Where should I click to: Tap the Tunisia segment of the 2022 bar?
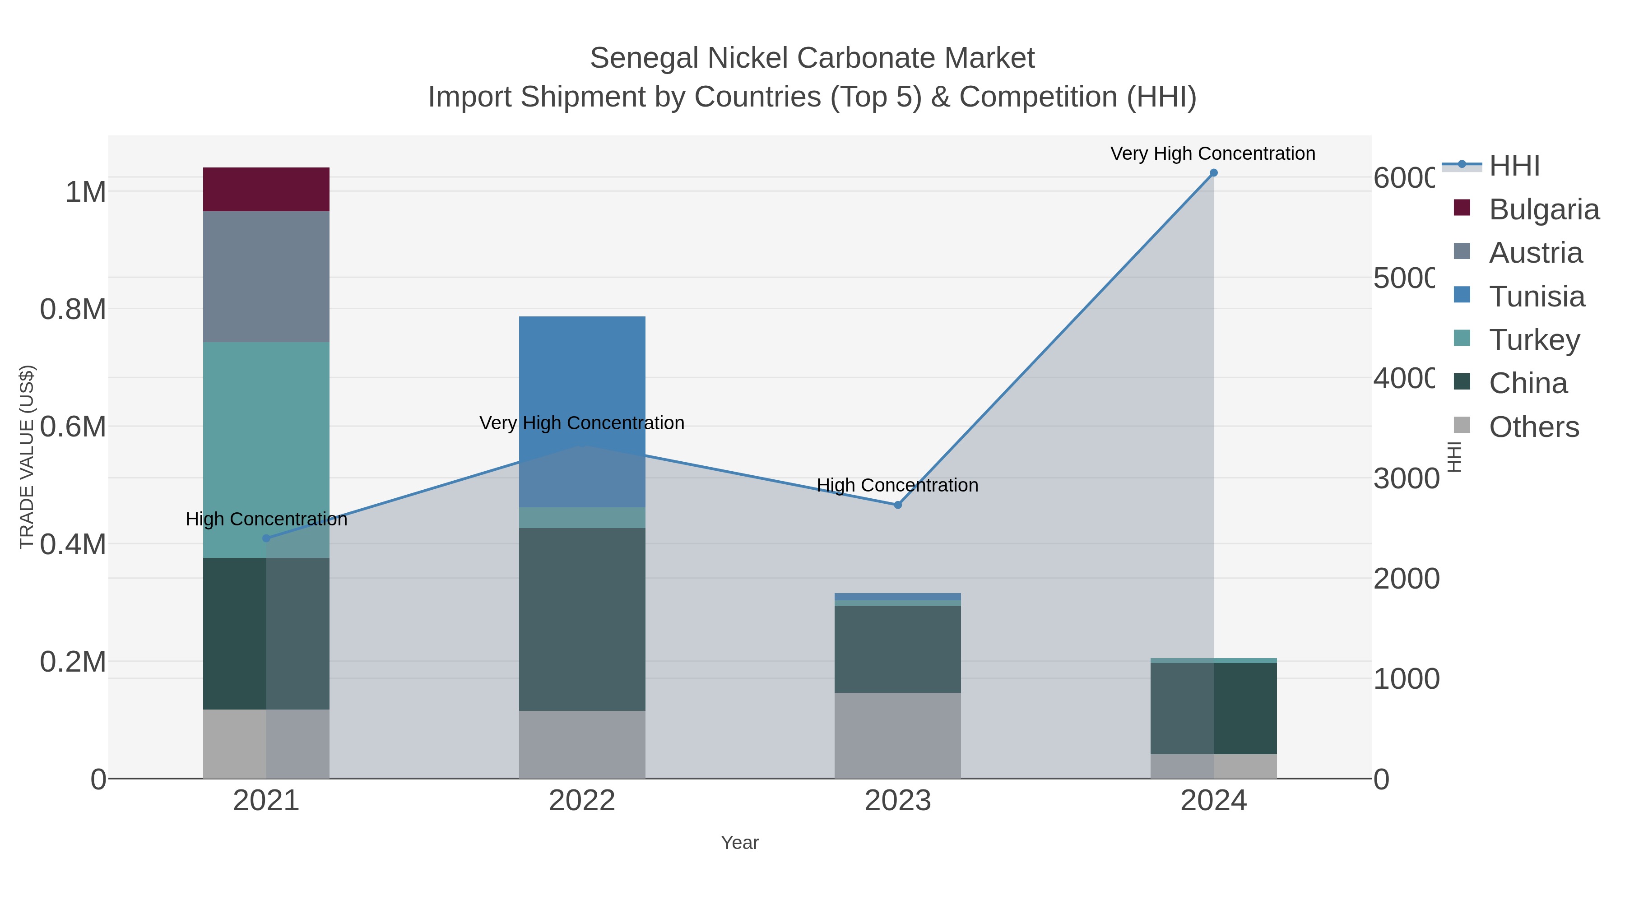(582, 379)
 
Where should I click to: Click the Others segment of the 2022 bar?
(582, 744)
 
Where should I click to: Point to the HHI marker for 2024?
(1213, 173)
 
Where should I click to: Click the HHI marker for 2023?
(898, 505)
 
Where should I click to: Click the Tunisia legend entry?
(1536, 297)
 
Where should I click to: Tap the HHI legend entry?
(1514, 166)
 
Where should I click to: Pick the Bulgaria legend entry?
(1544, 209)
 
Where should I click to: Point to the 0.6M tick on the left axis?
(73, 427)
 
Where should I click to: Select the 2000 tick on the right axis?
(1406, 579)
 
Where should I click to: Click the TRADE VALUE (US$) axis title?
(27, 457)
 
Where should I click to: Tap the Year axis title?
(739, 843)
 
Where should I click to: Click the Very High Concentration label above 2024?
(1212, 153)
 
